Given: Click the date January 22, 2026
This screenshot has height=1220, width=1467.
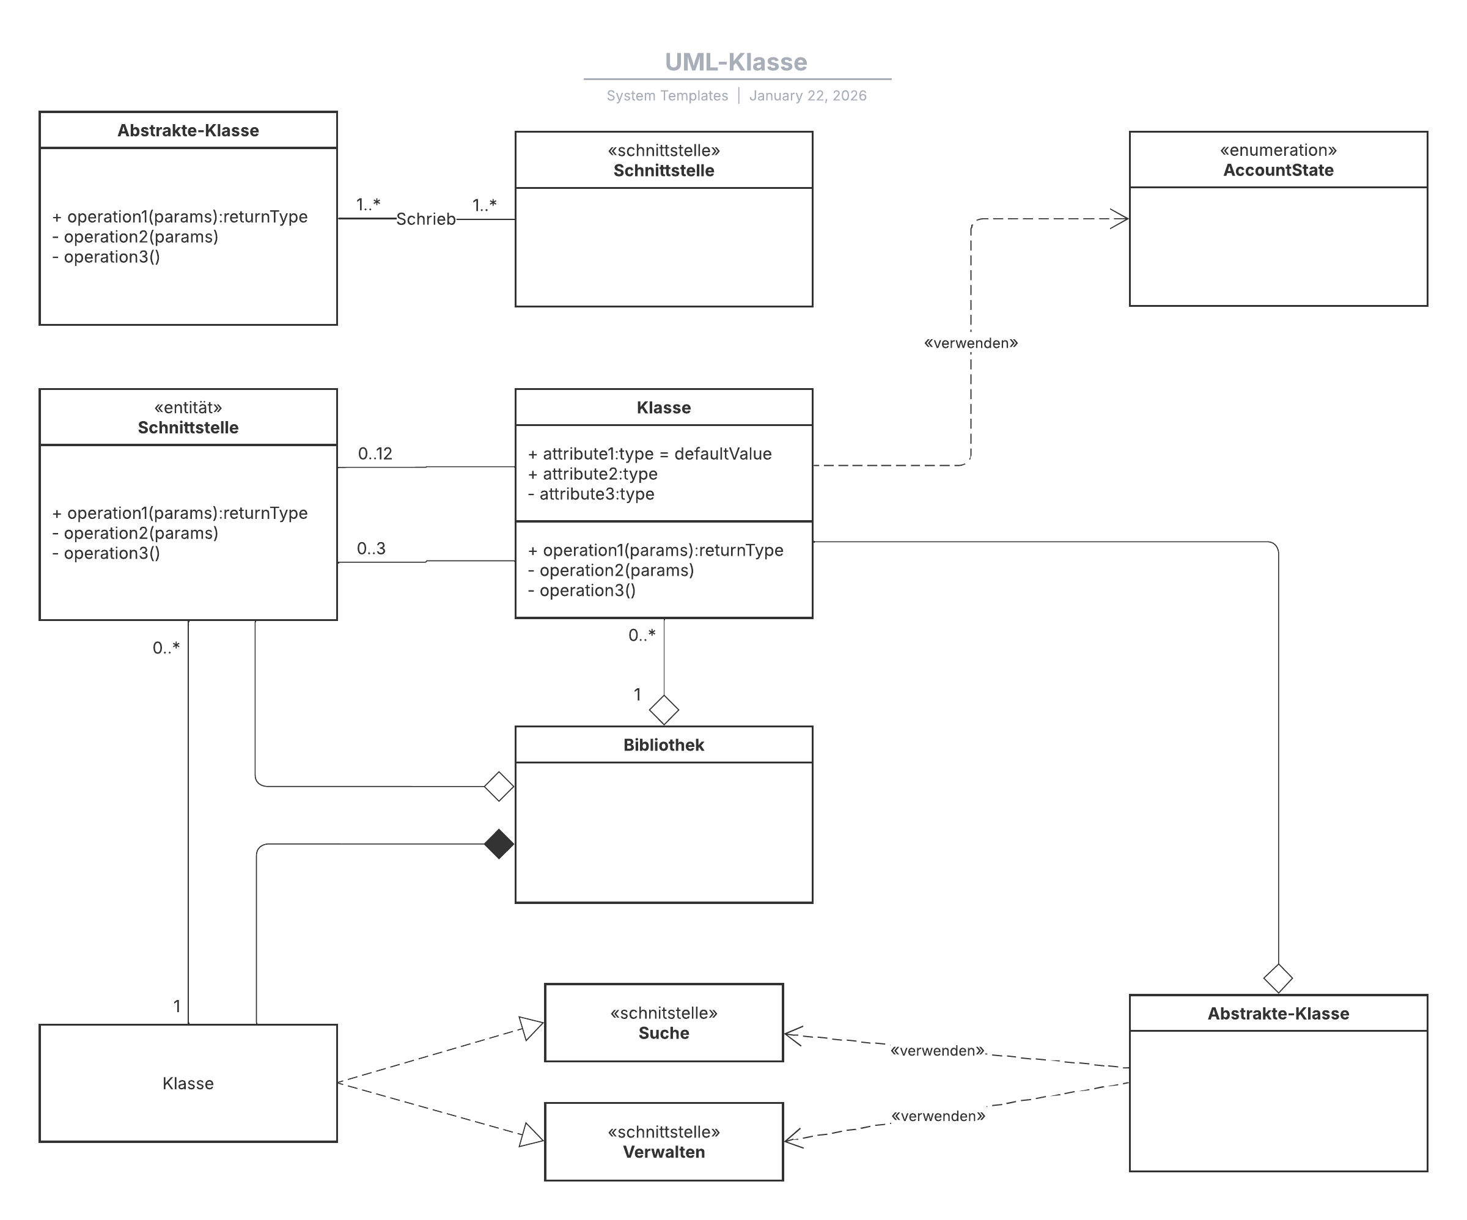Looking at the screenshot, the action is (807, 96).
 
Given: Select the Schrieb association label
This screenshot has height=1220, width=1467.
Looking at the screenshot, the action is (425, 219).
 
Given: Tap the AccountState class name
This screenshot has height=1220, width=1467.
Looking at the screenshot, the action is (1278, 170).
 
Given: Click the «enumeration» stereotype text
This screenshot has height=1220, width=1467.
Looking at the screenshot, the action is (1278, 150).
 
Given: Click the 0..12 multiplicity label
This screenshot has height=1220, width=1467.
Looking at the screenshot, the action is (375, 454).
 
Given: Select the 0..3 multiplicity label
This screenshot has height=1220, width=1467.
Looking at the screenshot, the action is (371, 548).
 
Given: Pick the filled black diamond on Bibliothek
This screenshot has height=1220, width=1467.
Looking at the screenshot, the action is (499, 844).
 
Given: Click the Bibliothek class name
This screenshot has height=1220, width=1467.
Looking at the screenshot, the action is (664, 745).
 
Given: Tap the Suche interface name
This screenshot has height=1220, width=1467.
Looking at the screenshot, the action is (664, 1033).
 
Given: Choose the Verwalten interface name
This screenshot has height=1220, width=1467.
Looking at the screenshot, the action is (664, 1152).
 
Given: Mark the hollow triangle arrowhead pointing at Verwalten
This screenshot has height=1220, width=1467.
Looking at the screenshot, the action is (532, 1136).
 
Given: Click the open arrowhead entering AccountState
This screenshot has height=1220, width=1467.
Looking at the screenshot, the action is (1120, 219).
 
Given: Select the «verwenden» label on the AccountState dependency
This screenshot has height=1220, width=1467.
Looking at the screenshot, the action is (971, 343).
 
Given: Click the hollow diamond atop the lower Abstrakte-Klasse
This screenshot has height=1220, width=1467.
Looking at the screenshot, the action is (1278, 978).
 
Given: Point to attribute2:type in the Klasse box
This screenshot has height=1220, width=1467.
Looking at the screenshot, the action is (593, 474).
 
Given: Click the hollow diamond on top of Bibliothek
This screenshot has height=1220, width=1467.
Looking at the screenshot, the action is (664, 710).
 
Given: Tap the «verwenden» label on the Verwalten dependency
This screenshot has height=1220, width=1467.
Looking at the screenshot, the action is (938, 1116).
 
